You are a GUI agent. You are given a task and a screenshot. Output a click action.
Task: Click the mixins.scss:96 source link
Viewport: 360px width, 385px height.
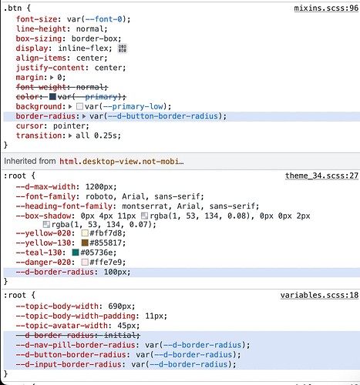[x=326, y=8]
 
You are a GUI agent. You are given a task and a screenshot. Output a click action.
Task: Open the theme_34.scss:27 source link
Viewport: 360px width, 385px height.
[x=321, y=176]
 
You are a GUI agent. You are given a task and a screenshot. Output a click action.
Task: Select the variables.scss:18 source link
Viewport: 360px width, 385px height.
[x=319, y=295]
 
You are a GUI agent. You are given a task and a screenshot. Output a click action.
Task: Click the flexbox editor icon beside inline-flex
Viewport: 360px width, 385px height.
[x=123, y=49]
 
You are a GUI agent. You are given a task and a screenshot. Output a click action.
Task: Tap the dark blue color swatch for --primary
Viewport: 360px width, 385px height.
[x=52, y=97]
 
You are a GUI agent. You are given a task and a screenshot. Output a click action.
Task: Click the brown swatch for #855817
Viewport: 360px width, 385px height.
[x=85, y=243]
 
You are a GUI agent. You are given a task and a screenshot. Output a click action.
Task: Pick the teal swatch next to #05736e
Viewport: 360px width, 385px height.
[x=76, y=253]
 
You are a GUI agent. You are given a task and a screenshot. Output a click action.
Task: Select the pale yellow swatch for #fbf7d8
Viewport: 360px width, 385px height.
[x=85, y=233]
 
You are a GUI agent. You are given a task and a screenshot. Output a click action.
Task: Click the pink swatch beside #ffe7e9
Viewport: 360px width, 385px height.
[x=85, y=262]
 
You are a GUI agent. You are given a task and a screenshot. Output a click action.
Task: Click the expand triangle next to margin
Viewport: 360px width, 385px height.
[x=52, y=77]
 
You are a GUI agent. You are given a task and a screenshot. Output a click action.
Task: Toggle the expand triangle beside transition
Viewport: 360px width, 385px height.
[x=70, y=136]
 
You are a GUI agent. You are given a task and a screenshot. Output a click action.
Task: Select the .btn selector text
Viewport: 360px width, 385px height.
[x=12, y=8]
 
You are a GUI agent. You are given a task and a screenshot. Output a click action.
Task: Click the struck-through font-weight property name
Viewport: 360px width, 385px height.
[x=41, y=87]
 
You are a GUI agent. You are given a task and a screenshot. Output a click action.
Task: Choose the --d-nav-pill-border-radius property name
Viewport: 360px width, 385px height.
[x=76, y=345]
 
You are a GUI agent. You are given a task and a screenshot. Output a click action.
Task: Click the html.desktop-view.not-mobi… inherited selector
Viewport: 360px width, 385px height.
[x=122, y=162]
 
